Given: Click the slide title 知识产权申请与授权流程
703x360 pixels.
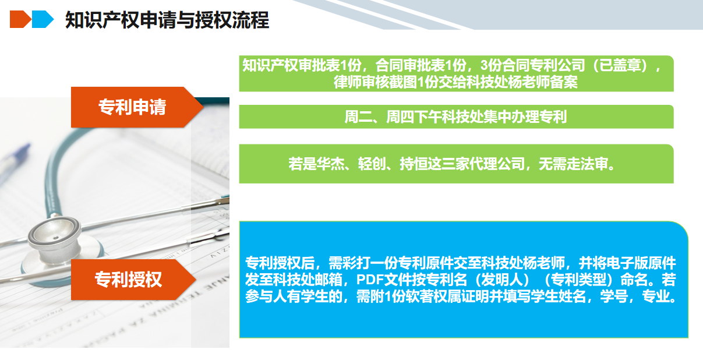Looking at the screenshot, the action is click(x=167, y=20).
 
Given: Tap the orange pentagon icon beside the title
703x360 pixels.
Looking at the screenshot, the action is click(x=20, y=19).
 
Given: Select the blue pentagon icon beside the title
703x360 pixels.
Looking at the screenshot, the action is click(x=43, y=19).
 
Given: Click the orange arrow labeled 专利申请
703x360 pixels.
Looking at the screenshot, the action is click(x=137, y=107).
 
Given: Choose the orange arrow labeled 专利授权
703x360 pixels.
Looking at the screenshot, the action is click(x=133, y=280).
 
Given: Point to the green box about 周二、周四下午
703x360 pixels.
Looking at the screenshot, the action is click(x=456, y=117).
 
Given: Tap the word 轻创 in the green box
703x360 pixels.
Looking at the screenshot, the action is click(x=372, y=164).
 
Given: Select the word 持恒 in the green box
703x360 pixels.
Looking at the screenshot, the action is click(x=414, y=164).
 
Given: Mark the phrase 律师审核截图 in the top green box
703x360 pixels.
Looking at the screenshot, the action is click(x=375, y=82).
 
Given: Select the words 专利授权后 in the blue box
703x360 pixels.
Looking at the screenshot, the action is click(x=280, y=263).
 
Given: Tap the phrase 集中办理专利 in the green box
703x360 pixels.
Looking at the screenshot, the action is click(x=525, y=117).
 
